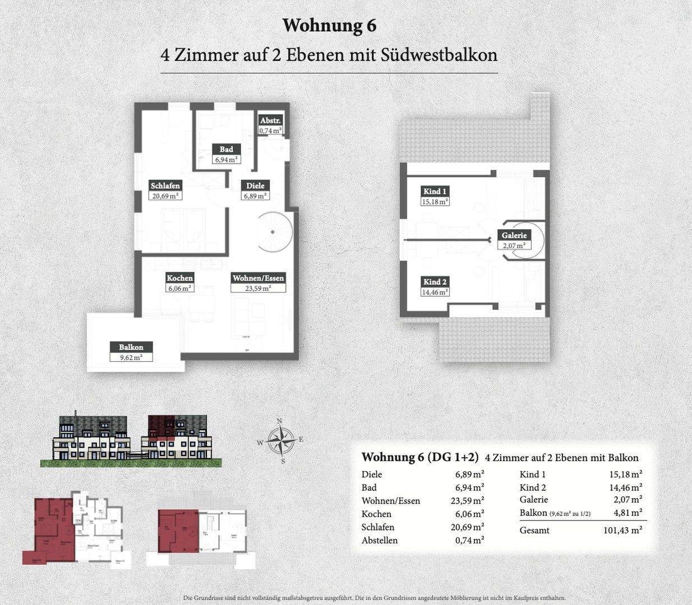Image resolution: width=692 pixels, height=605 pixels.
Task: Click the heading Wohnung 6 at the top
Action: (329, 25)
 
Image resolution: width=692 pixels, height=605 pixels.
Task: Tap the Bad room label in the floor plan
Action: (226, 150)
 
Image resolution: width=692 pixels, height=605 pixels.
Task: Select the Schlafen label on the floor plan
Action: (165, 186)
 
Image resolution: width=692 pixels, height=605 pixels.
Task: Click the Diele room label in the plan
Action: (255, 186)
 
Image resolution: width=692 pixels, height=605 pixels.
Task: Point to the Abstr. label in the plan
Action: (270, 121)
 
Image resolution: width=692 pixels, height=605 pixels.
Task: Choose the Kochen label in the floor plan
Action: (179, 278)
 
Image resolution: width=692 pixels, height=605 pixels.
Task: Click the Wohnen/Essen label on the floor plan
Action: (259, 278)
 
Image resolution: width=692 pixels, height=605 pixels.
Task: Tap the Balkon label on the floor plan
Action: (131, 347)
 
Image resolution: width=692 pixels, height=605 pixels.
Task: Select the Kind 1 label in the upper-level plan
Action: (435, 192)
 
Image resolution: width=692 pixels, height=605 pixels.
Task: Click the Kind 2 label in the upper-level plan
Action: (435, 282)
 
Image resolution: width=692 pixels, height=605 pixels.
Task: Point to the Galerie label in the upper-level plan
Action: (514, 235)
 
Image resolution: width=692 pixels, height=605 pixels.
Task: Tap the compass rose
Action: (278, 441)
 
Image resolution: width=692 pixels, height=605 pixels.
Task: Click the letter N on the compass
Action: (279, 422)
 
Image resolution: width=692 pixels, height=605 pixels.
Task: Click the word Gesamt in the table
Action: (534, 530)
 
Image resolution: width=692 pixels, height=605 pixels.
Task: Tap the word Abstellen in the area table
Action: (380, 541)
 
